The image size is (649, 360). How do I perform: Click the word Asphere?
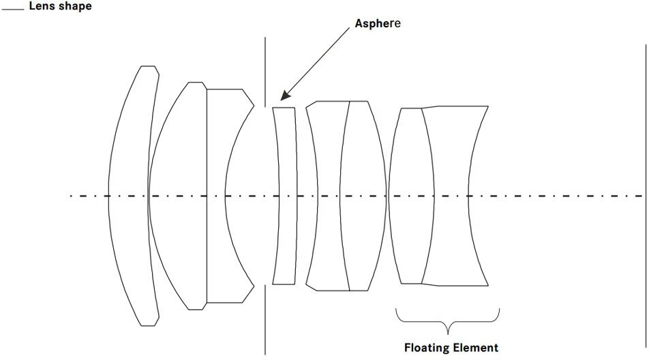(x=378, y=23)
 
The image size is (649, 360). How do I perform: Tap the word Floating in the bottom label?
(x=427, y=348)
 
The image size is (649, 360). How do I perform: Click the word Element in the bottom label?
(x=476, y=348)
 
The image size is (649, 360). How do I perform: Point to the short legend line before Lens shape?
(x=13, y=8)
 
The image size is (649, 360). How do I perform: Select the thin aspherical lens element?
(x=286, y=196)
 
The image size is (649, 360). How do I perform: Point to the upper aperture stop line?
(x=265, y=68)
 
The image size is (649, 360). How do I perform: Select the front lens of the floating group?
(x=411, y=196)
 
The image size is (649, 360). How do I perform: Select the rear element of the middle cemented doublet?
(x=363, y=196)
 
